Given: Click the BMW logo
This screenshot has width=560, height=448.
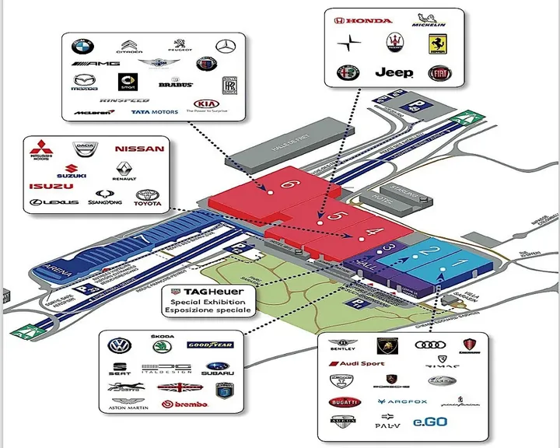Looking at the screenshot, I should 82,47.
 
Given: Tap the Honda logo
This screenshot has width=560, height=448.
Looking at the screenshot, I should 363,20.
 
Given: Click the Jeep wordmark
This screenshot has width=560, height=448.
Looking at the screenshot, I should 394,72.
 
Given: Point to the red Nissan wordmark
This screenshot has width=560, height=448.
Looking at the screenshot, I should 140,149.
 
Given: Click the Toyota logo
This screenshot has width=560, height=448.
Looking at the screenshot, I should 148,198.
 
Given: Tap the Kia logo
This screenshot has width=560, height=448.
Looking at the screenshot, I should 206,104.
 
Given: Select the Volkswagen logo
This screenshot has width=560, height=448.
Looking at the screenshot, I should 119,345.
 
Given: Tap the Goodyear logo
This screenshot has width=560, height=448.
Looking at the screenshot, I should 209,345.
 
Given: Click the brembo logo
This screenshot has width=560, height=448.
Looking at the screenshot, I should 184,404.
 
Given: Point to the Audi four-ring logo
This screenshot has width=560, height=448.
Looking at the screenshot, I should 430,345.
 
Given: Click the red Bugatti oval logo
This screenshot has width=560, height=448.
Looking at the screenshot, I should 344,402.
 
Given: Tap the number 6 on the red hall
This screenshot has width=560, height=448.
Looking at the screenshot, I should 292,185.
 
